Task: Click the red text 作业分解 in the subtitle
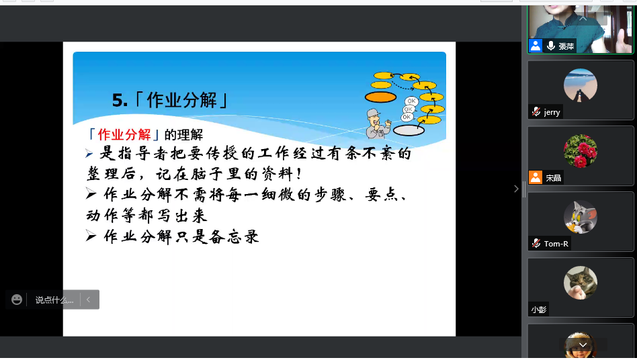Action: pyautogui.click(x=124, y=134)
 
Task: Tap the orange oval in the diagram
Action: pyautogui.click(x=381, y=97)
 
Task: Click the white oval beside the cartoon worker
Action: pyautogui.click(x=409, y=130)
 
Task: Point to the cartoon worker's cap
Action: pyautogui.click(x=374, y=112)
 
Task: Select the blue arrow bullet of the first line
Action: pyautogui.click(x=89, y=153)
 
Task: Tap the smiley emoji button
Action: pyautogui.click(x=17, y=300)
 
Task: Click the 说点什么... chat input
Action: pyautogui.click(x=54, y=300)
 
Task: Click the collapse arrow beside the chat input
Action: pyautogui.click(x=89, y=300)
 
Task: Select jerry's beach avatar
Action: pyautogui.click(x=580, y=86)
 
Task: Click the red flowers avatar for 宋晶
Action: pyautogui.click(x=580, y=151)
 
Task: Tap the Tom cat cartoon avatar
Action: pyautogui.click(x=580, y=217)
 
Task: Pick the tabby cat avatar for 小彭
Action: pyautogui.click(x=580, y=283)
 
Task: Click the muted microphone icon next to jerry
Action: pyautogui.click(x=536, y=111)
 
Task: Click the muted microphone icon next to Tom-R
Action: pyautogui.click(x=536, y=243)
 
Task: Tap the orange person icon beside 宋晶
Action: pyautogui.click(x=536, y=177)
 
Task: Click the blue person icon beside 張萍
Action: pyautogui.click(x=536, y=46)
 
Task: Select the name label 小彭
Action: pyautogui.click(x=539, y=310)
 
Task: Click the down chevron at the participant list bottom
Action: pyautogui.click(x=583, y=345)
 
